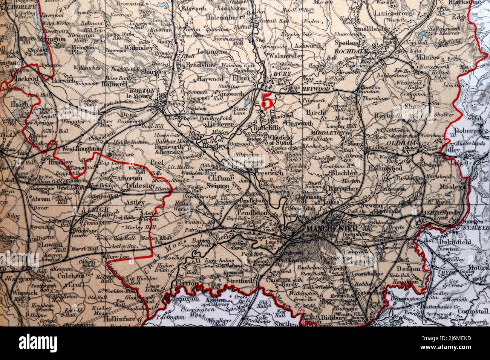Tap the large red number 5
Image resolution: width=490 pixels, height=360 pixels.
(x=267, y=101)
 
